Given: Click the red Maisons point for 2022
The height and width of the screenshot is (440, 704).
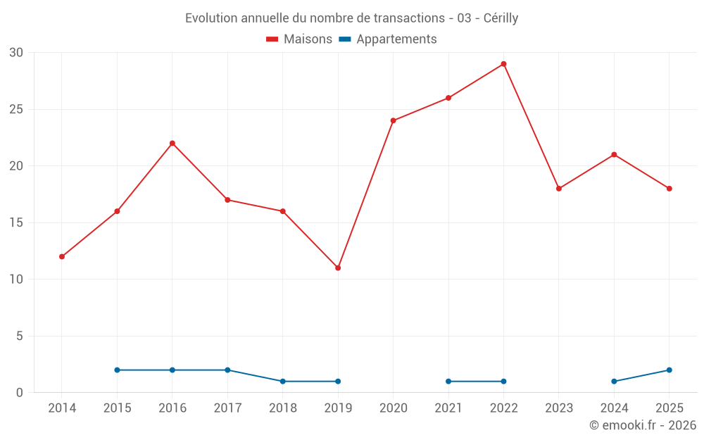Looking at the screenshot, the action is (x=503, y=64).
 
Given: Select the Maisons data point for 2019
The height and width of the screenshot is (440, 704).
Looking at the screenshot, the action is (x=338, y=268).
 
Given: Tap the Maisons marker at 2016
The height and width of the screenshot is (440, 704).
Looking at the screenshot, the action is (x=172, y=144).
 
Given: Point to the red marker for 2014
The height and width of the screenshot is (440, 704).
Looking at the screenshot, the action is (x=62, y=257).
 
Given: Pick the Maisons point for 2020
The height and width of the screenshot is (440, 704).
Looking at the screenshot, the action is (x=394, y=121).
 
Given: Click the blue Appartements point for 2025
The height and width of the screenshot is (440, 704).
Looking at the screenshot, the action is (x=669, y=370).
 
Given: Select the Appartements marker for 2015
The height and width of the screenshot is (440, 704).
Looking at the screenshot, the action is (x=117, y=370).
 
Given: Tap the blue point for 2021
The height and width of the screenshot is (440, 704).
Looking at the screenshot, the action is (x=448, y=382).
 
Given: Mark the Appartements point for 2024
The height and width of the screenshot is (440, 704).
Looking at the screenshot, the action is (x=614, y=382).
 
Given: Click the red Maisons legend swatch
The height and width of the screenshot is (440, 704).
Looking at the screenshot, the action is (x=272, y=39).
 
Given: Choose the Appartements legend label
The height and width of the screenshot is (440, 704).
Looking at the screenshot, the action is (x=396, y=39).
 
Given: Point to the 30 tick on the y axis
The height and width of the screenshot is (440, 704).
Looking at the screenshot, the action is (x=16, y=53).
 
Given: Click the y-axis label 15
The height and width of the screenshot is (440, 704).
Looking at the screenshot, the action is (x=16, y=222).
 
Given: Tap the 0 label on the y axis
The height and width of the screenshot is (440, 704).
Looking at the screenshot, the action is (x=19, y=393).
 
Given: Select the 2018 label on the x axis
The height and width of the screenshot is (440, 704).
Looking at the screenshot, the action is (x=283, y=408).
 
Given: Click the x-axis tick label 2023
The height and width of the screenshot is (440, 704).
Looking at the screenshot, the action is (x=559, y=408).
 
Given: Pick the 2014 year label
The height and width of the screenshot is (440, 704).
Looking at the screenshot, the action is (x=62, y=408).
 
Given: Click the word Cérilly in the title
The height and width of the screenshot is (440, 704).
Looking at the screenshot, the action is (x=501, y=18).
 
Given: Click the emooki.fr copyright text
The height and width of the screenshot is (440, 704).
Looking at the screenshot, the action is (x=643, y=425).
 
